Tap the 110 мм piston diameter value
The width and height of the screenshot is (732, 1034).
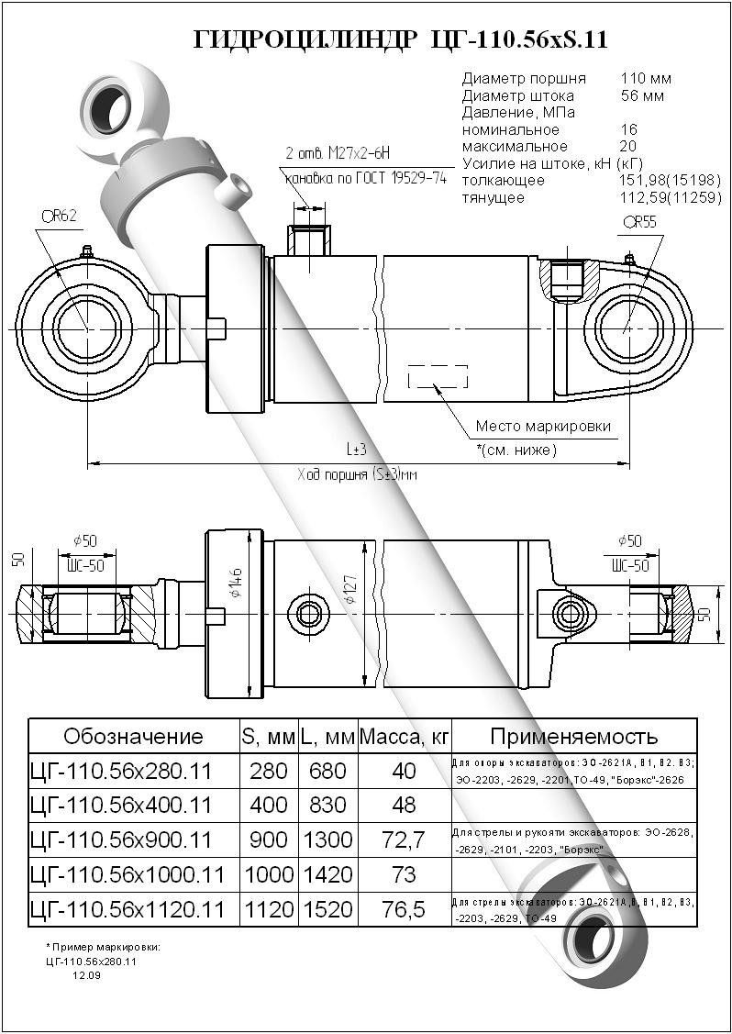click(x=646, y=79)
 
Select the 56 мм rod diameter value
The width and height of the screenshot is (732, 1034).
click(x=642, y=95)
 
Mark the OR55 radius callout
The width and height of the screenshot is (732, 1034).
click(x=640, y=223)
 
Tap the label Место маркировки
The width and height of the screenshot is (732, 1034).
click(x=543, y=427)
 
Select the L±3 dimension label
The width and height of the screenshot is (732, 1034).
click(x=356, y=450)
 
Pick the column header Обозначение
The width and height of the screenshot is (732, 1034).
click(x=133, y=736)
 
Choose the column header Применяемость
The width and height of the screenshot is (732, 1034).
click(x=574, y=736)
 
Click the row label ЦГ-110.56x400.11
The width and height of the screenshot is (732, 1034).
click(x=121, y=806)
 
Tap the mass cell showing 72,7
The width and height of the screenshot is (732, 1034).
click(x=404, y=839)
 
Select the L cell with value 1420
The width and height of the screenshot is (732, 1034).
click(x=327, y=874)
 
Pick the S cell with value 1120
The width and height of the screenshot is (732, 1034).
click(x=267, y=909)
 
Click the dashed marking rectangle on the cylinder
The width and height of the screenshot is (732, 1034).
click(x=438, y=375)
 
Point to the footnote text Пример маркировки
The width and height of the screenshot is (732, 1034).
click(x=105, y=946)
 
